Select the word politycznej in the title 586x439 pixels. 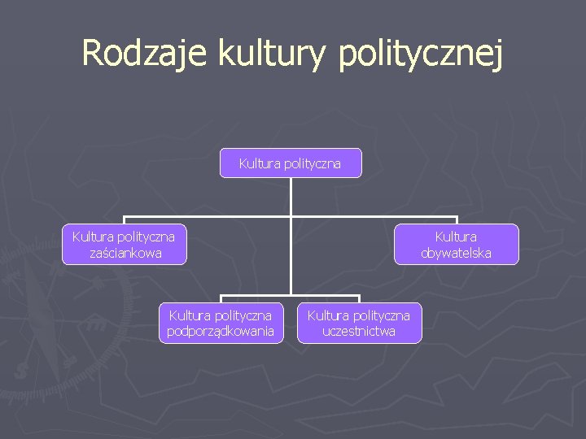click(x=420, y=54)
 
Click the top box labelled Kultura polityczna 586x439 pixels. click(x=291, y=163)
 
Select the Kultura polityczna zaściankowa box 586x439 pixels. click(x=124, y=245)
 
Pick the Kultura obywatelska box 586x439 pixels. click(x=456, y=245)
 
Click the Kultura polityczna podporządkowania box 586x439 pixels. click(x=221, y=323)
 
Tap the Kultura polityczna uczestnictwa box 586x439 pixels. click(x=359, y=323)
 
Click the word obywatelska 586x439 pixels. click(x=456, y=253)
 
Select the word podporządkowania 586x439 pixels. click(x=221, y=331)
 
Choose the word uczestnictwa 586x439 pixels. click(x=359, y=331)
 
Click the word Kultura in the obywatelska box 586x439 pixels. click(x=456, y=237)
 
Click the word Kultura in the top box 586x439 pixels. click(x=258, y=163)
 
